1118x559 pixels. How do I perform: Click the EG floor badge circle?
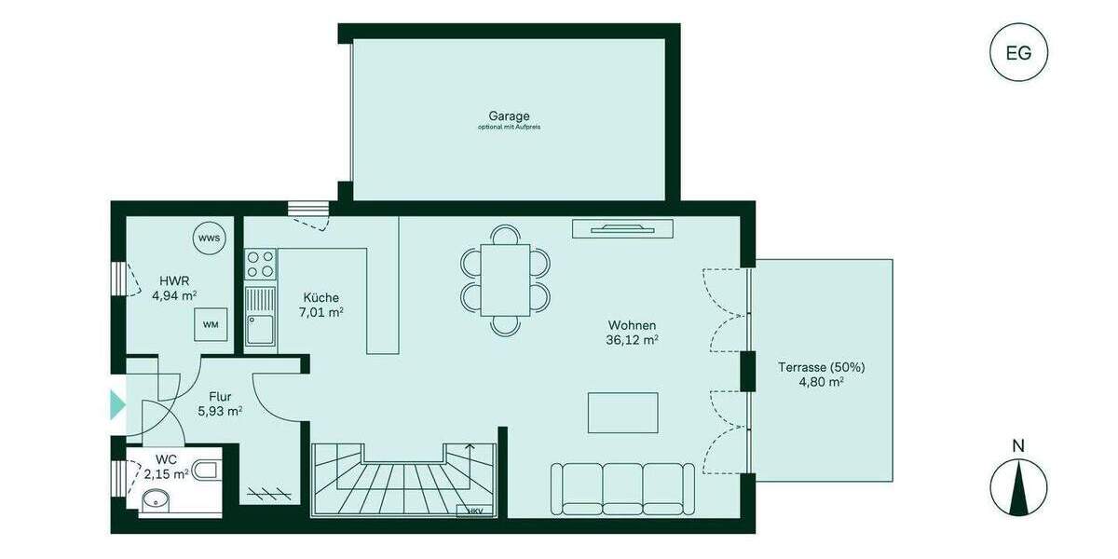pos(1018,52)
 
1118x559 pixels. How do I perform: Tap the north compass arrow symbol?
pos(1018,486)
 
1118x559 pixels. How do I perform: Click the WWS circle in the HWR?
pos(210,239)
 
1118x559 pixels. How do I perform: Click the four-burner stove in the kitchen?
pos(260,265)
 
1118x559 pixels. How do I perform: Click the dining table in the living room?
pos(505,279)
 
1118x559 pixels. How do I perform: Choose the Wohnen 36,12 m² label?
pos(633,332)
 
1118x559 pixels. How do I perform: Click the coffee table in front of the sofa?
pos(622,413)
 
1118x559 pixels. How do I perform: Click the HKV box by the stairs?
pos(475,511)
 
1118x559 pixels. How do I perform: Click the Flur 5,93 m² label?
pos(220,402)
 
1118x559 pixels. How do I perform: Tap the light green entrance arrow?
pos(117,403)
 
